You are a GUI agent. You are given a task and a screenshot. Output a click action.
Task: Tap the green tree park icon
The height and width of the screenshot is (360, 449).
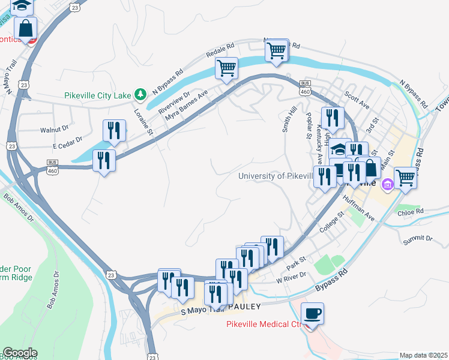click(140, 94)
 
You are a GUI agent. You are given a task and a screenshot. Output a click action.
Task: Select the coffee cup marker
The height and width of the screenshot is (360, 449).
click(312, 314)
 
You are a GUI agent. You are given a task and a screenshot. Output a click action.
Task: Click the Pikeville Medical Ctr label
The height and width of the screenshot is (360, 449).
click(262, 325)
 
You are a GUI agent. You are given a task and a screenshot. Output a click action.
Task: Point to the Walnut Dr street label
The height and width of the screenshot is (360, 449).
click(55, 129)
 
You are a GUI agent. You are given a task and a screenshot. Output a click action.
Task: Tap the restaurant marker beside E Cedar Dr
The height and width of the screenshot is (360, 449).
click(114, 130)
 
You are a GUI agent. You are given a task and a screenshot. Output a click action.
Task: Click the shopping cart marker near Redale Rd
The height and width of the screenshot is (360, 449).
click(227, 68)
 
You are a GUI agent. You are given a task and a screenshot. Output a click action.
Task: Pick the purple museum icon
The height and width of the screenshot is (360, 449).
click(387, 182)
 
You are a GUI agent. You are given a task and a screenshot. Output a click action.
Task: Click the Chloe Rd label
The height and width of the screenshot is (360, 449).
click(411, 211)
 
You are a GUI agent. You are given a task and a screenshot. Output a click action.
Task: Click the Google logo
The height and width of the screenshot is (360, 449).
click(20, 353)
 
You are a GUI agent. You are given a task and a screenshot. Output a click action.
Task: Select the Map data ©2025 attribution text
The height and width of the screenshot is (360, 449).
click(424, 355)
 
